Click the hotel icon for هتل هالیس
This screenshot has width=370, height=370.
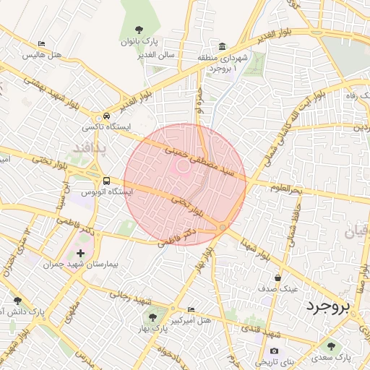[x=41, y=44]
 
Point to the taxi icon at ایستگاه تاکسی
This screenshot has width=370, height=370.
[x=106, y=116]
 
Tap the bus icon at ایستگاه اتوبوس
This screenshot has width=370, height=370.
[x=106, y=181]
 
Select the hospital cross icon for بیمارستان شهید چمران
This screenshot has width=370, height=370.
[x=79, y=253]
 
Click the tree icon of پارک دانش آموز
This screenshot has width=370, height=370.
[x=17, y=301]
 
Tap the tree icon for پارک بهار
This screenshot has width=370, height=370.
[x=152, y=316]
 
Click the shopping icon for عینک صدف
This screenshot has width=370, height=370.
[x=277, y=277]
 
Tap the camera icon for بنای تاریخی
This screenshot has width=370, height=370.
[x=274, y=350]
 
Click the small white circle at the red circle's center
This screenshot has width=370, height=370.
[x=184, y=165]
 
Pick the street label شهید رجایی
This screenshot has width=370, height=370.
[x=129, y=294]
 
